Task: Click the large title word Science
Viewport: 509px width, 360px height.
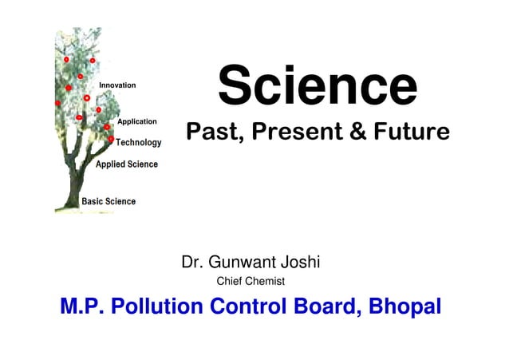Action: tap(318, 86)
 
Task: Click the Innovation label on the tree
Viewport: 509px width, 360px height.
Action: tap(117, 85)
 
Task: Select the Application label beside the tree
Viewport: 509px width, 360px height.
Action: tap(137, 122)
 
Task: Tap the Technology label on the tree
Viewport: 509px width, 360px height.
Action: tap(139, 143)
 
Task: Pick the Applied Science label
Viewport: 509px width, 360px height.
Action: tap(127, 164)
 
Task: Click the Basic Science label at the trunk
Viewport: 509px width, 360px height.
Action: tap(109, 202)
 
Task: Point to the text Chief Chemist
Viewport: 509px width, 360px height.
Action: tap(251, 281)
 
